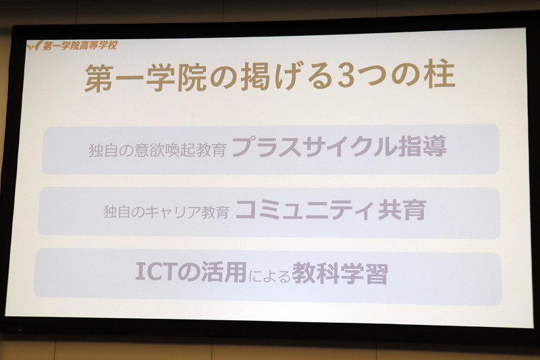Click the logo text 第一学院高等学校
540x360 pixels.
pyautogui.click(x=79, y=46)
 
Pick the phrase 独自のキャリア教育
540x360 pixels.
pyautogui.click(x=166, y=211)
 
